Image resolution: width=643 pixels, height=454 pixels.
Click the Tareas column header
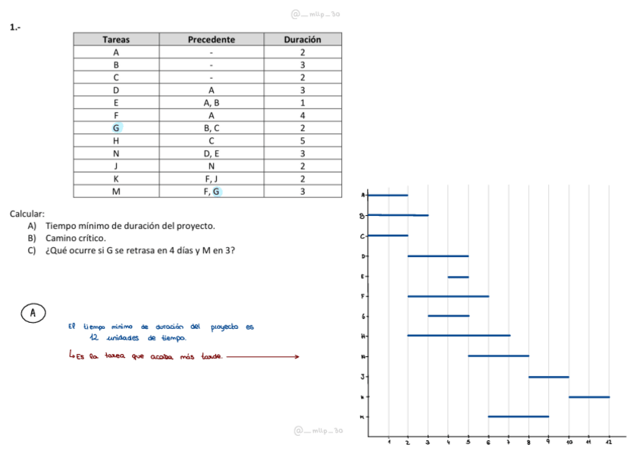[116, 39]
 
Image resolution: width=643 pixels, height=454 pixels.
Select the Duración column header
[302, 39]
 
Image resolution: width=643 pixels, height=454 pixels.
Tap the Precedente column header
[211, 39]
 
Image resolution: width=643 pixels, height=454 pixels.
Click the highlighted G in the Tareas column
[116, 128]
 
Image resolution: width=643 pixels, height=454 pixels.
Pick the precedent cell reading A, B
[212, 102]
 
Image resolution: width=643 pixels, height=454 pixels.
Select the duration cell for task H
[302, 140]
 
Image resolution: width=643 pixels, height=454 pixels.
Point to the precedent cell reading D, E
[212, 153]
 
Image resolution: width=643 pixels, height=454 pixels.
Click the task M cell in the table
[116, 191]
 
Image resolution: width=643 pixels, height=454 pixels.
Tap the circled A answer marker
[33, 312]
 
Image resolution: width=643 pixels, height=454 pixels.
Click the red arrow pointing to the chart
[262, 358]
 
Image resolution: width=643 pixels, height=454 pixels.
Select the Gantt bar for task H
[459, 335]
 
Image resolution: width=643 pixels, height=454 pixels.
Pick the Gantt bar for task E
[458, 277]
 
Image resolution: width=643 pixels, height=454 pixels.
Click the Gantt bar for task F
[448, 296]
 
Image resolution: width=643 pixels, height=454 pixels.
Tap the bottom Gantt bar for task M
[518, 416]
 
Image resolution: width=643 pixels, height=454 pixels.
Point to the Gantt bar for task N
[498, 355]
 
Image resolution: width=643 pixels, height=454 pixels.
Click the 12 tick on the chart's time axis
[609, 441]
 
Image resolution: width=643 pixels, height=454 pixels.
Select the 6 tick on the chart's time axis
[488, 441]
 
